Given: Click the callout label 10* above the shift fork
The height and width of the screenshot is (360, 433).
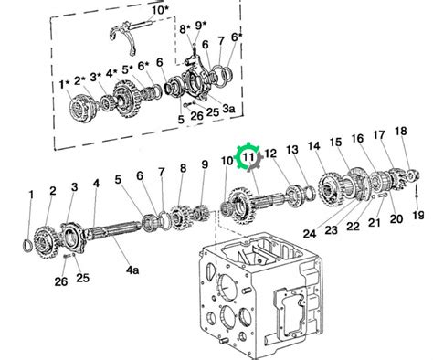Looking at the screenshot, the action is (x=160, y=10).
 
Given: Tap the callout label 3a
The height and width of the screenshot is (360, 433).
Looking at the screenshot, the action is (x=228, y=109).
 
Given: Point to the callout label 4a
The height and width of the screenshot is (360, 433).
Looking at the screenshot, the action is (x=132, y=270).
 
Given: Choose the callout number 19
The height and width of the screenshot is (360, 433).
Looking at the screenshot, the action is (x=418, y=216).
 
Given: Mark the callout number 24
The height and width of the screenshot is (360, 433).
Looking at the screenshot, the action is (x=310, y=234).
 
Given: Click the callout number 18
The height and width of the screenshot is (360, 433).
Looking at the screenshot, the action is (x=400, y=131).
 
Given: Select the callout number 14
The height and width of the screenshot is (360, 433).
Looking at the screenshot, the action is (x=313, y=146).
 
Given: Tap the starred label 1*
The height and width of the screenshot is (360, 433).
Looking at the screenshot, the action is (x=64, y=84).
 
